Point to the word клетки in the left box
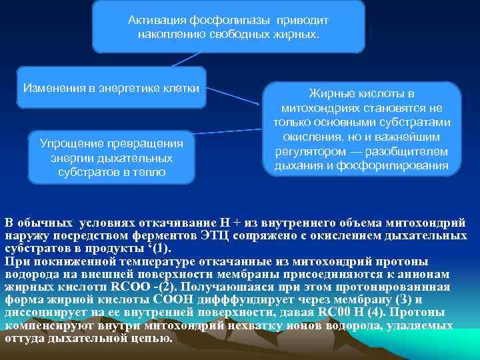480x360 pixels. pyautogui.click(x=182, y=87)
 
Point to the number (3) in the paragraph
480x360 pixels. pyautogui.click(x=385, y=299)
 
